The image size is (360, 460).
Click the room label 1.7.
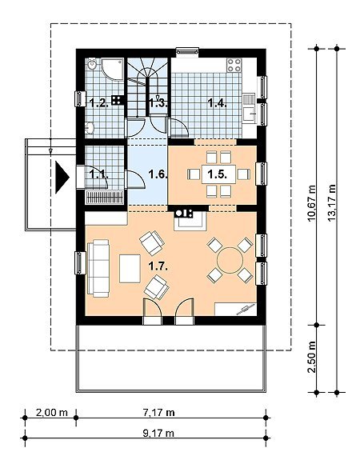158,266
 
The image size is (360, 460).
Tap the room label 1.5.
217,174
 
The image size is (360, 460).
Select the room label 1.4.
217,103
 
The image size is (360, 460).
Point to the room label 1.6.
158,174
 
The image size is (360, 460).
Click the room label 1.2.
99,103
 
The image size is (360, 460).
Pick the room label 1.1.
98,174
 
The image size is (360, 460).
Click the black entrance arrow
62,178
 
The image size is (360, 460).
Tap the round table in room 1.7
230,260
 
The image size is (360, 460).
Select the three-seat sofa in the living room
98,269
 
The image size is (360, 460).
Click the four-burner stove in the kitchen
234,65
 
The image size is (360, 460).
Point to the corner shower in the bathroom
112,69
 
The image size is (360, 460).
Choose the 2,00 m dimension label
52,413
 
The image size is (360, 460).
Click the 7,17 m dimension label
158,413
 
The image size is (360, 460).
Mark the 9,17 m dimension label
158,433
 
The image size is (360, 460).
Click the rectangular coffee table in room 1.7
130,269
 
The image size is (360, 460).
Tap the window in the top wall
187,52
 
